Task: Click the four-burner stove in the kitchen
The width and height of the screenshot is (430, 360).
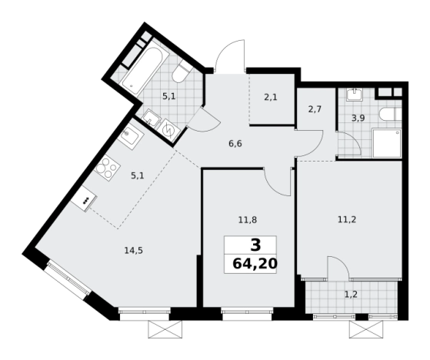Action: click(x=107, y=165)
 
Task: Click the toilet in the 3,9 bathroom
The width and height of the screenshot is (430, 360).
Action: click(x=390, y=114)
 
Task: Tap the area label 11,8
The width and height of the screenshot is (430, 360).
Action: click(x=247, y=219)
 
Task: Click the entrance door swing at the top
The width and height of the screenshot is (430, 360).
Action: click(x=228, y=58)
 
